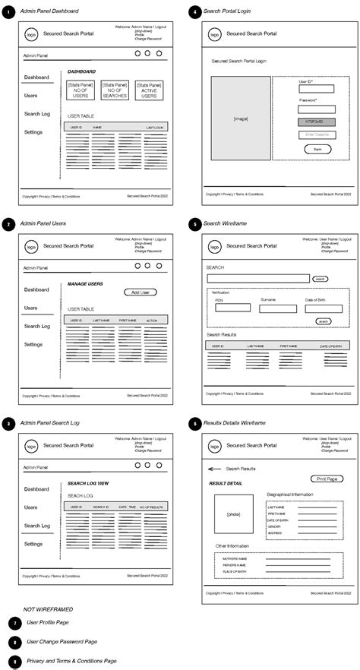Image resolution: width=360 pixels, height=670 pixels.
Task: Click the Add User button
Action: (x=141, y=292)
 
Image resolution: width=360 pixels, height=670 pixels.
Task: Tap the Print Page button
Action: (x=327, y=479)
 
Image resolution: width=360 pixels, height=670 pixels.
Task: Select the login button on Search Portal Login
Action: (x=316, y=149)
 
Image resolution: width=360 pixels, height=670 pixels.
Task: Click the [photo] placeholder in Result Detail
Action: (x=232, y=514)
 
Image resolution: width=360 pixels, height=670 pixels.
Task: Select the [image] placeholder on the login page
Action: (x=240, y=119)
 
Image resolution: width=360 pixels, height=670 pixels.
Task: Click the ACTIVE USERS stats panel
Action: (x=149, y=91)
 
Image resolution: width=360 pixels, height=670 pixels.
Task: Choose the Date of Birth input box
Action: (x=324, y=308)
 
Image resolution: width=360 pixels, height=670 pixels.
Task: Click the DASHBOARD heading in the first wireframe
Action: (x=81, y=71)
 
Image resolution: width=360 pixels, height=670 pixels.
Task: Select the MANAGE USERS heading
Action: (x=85, y=284)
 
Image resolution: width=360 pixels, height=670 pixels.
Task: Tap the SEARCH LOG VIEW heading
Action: (x=89, y=483)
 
